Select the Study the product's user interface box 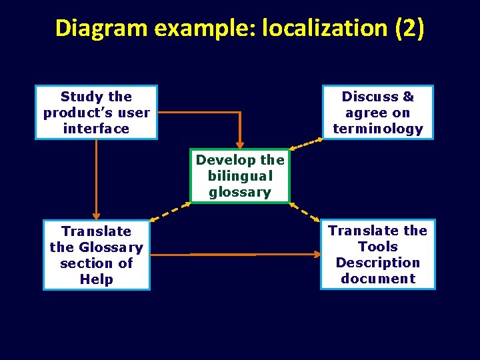(96, 113)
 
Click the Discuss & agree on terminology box (377, 113)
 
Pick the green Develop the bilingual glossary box (240, 176)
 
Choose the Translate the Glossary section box (97, 255)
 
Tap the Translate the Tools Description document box (377, 255)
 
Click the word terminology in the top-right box (377, 129)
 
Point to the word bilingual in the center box (240, 176)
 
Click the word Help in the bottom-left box (97, 279)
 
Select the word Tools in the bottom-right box (377, 247)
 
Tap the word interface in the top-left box (96, 129)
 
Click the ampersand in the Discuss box (408, 97)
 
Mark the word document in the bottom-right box (377, 279)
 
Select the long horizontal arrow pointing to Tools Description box (253, 254)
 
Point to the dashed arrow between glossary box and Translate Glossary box (171, 211)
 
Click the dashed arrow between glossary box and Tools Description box (305, 211)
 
